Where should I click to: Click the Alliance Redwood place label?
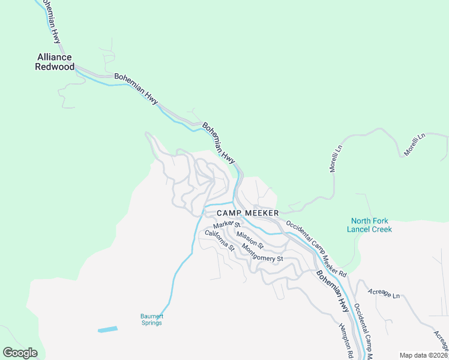click(x=56, y=62)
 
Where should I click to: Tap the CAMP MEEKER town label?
click(x=247, y=213)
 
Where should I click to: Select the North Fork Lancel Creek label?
click(x=370, y=225)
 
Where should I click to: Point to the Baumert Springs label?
click(x=151, y=319)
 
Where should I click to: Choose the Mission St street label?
click(x=250, y=239)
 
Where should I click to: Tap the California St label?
click(x=220, y=240)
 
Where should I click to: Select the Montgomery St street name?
click(x=262, y=250)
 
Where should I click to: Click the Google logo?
click(x=20, y=353)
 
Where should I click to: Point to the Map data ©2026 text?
click(x=423, y=355)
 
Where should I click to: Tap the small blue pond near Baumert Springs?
click(x=107, y=329)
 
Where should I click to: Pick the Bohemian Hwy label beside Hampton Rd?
click(x=332, y=291)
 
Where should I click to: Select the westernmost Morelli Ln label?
click(x=336, y=158)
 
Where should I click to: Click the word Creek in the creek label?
click(x=381, y=229)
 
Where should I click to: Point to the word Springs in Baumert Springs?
click(x=151, y=323)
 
